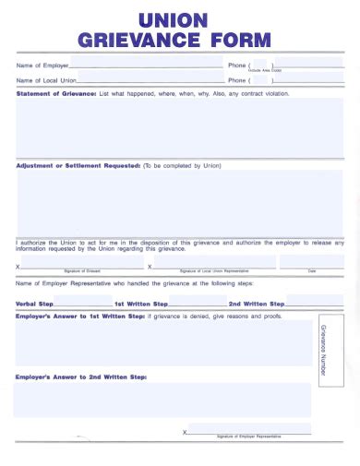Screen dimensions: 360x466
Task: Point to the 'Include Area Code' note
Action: [x=265, y=71]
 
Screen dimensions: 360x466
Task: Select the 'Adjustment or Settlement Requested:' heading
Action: [x=78, y=166]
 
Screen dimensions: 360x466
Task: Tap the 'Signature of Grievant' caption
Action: [x=82, y=271]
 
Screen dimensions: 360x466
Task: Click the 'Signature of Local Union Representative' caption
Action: [x=214, y=271]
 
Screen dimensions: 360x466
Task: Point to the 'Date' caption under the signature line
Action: [x=311, y=271]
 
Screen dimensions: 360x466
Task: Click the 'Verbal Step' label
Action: [x=35, y=304]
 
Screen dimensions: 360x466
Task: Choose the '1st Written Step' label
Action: [x=141, y=304]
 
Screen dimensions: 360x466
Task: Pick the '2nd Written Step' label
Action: [x=257, y=304]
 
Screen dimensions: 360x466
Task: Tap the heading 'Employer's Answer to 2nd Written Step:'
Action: [x=81, y=376]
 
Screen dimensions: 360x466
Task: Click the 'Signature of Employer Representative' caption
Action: [x=248, y=436]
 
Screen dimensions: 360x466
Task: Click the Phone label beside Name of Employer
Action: [x=237, y=66]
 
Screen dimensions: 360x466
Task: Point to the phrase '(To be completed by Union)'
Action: [x=182, y=166]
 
